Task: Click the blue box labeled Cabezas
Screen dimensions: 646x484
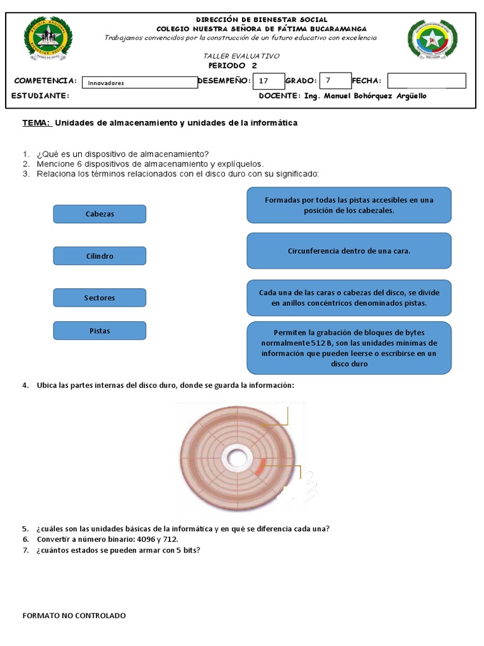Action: click(x=100, y=214)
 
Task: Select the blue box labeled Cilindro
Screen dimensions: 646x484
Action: click(x=100, y=256)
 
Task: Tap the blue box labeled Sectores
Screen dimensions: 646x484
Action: click(x=100, y=298)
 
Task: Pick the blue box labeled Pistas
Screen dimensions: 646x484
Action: click(x=100, y=331)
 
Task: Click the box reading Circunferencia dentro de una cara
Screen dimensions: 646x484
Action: click(x=349, y=250)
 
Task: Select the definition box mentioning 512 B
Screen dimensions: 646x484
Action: click(x=349, y=348)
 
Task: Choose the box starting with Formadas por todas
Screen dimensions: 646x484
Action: click(x=349, y=205)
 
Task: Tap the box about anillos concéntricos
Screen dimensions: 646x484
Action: click(x=349, y=298)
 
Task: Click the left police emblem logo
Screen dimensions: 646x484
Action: click(x=48, y=39)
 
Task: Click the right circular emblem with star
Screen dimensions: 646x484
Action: click(x=433, y=42)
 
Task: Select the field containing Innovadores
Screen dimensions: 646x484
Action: click(x=140, y=83)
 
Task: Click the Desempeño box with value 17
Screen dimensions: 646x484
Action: click(x=267, y=81)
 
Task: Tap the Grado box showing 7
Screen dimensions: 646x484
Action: click(x=334, y=81)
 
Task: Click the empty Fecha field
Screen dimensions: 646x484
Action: click(x=426, y=81)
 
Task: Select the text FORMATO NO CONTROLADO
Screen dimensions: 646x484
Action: click(x=74, y=615)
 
